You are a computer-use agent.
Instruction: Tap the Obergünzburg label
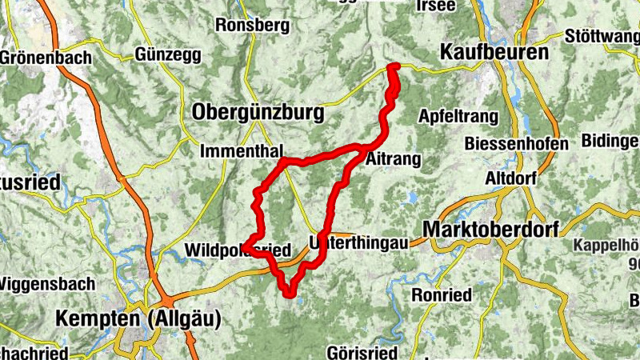(x=258, y=113)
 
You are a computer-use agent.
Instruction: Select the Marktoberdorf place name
(x=496, y=228)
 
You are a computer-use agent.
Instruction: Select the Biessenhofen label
(x=517, y=144)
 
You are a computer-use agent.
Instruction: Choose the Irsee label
(x=435, y=6)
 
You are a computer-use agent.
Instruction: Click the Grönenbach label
(x=46, y=58)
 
